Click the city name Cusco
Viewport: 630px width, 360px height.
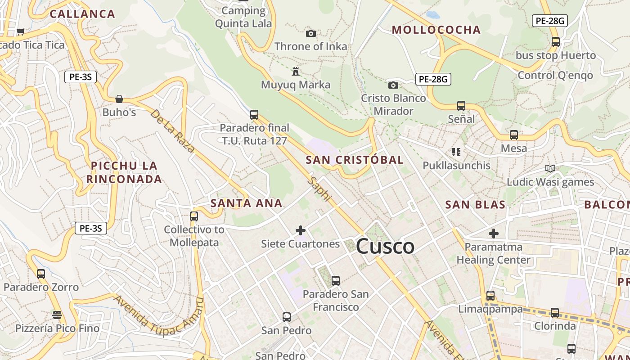coord(385,247)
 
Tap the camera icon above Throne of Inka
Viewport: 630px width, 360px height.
coord(310,33)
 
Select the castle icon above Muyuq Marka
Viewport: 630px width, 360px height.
coord(296,72)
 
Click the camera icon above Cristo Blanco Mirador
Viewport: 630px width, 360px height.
coord(393,85)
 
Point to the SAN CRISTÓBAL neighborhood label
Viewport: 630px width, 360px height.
coord(355,160)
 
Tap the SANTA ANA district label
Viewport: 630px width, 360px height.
coord(246,203)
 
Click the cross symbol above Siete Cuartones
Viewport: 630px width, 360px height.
coord(301,231)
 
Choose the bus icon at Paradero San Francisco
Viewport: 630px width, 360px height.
coord(335,281)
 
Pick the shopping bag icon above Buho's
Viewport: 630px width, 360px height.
coord(119,99)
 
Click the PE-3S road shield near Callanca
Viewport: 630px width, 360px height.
coord(81,77)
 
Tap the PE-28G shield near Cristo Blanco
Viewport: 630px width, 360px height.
coord(433,79)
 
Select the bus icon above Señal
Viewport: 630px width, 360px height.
coord(461,106)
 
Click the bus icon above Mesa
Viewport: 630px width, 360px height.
coord(514,135)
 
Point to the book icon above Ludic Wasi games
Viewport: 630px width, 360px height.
coord(550,169)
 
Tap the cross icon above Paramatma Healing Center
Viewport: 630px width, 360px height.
coord(494,234)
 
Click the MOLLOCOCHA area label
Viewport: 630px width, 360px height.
coord(436,30)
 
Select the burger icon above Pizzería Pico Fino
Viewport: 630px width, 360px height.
coord(57,315)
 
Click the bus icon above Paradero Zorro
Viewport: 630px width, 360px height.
coord(41,274)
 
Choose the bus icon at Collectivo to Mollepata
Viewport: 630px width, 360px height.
coord(194,216)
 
